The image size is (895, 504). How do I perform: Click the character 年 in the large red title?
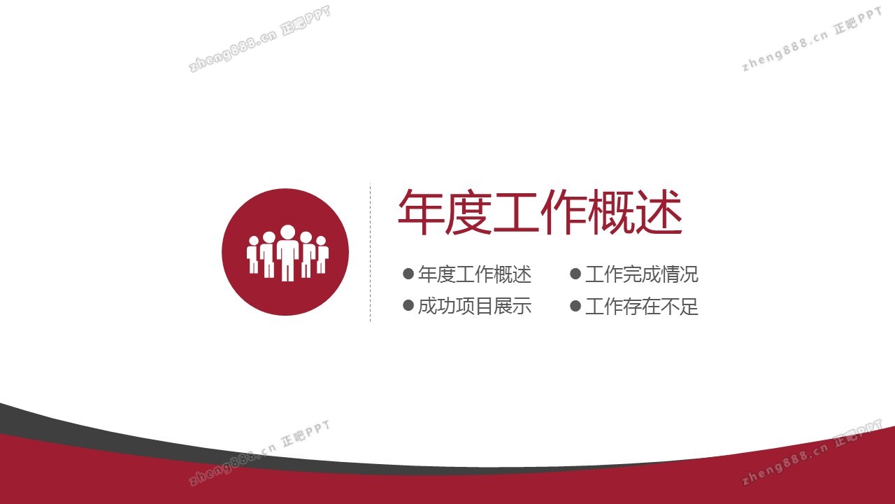pos(421,211)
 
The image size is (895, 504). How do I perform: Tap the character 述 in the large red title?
pos(659,211)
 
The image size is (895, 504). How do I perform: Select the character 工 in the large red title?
pos(516,212)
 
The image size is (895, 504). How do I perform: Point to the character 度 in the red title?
pos(468,211)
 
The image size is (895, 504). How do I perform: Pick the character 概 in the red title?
pos(611,211)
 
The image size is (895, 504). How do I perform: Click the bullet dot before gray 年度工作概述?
pos(408,274)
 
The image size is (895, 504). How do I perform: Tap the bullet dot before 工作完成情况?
pos(575,274)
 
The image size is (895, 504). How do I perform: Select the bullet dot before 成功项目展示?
pos(408,306)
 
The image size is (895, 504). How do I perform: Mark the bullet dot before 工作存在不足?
pos(575,307)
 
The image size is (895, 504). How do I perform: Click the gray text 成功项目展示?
pos(475,306)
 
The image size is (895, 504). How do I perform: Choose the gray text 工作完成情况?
pos(642,274)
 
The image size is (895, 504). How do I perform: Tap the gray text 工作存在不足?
pos(642,307)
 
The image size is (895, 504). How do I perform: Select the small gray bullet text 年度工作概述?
pos(475,274)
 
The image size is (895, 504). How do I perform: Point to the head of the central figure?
pos(287,232)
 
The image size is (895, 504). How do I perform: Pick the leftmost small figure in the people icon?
pos(253,255)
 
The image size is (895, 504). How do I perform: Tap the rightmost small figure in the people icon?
pos(322,255)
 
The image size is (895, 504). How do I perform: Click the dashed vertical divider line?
pos(371,253)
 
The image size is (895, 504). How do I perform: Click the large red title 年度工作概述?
pos(540,211)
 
